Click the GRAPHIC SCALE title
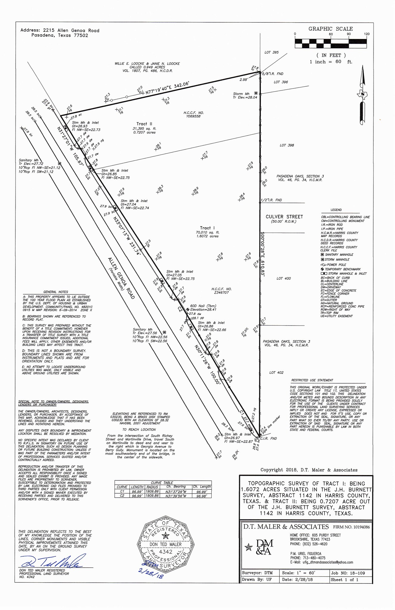click(330, 29)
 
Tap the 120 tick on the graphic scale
click(367, 34)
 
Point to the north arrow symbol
click(362, 95)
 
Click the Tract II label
click(144, 124)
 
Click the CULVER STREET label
click(284, 217)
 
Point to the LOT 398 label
click(286, 145)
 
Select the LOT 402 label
click(276, 373)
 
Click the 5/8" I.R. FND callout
click(272, 74)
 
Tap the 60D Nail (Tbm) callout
click(203, 306)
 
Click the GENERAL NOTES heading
click(56, 292)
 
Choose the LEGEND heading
click(336, 210)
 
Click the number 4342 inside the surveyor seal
click(165, 552)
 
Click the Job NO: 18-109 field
click(347, 573)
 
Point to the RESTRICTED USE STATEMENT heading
click(312, 380)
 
